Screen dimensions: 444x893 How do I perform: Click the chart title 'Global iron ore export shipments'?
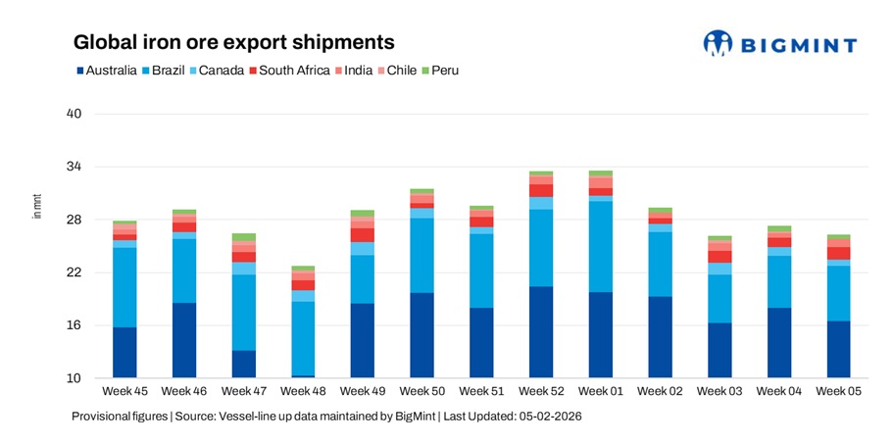234,43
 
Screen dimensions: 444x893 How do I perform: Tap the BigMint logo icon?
718,43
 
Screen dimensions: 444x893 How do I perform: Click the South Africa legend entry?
288,71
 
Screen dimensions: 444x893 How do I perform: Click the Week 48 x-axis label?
303,392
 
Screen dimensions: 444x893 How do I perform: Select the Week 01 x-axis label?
601,392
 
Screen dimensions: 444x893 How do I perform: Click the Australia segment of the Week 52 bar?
541,332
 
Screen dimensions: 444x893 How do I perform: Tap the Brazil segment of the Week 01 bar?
601,246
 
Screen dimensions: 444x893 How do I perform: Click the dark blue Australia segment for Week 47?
243,364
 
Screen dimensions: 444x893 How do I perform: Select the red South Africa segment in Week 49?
363,235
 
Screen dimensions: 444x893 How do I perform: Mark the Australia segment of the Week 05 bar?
839,350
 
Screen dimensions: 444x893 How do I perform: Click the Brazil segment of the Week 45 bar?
124,287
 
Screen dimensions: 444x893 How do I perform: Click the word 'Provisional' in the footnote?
102,417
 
